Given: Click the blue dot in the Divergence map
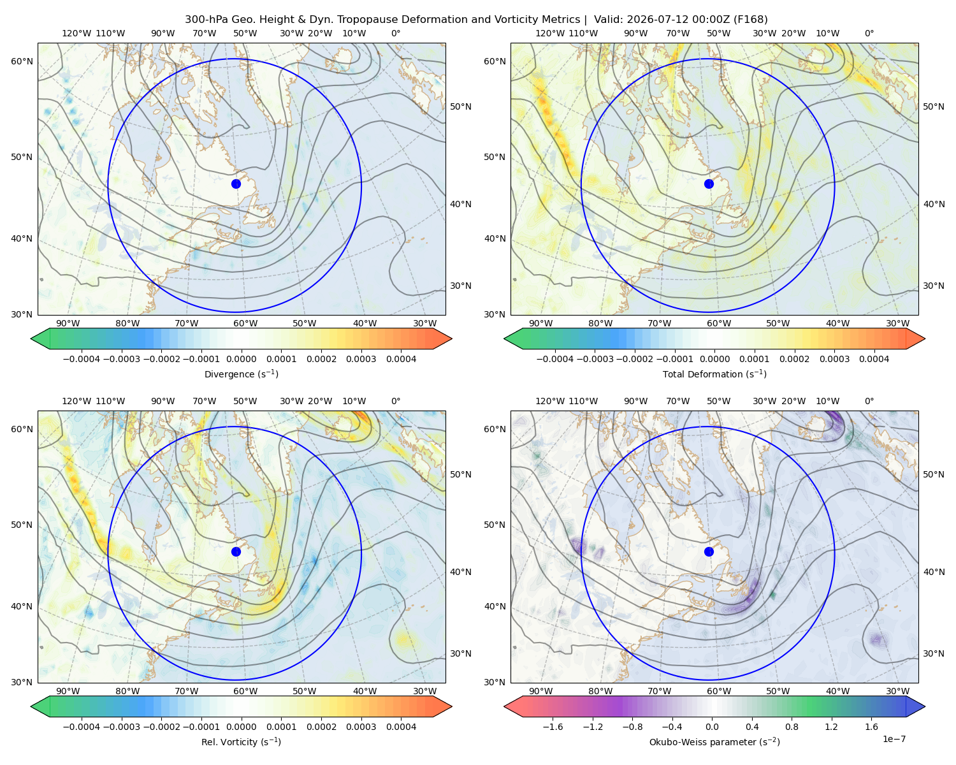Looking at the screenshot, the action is [x=236, y=184].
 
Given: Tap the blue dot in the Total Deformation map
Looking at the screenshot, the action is [x=709, y=184].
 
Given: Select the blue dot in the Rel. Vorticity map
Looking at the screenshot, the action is [x=236, y=551].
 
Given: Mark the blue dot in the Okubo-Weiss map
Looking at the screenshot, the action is [x=709, y=551].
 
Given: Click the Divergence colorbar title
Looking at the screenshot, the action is [x=241, y=374].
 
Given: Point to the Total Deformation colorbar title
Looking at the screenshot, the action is [x=714, y=374].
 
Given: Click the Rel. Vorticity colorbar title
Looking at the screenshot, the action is [x=241, y=742].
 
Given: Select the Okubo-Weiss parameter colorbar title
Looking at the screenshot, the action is [x=714, y=742].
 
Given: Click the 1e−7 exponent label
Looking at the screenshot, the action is [x=894, y=739].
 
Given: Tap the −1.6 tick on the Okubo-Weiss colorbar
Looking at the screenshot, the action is [x=553, y=727].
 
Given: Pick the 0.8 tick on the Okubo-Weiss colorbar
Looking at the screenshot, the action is [x=792, y=727].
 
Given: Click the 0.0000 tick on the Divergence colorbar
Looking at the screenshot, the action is [x=241, y=359].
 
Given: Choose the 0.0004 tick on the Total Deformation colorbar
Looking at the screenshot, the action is [x=874, y=359].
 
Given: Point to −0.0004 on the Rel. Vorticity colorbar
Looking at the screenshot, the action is [x=82, y=727].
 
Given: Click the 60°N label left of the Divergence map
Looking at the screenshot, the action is [x=22, y=61].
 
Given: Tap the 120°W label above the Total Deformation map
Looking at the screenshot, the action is [x=549, y=33].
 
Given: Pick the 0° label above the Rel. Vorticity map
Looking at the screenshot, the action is [x=396, y=401].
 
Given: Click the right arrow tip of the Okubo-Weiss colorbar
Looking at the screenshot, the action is [x=925, y=706].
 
